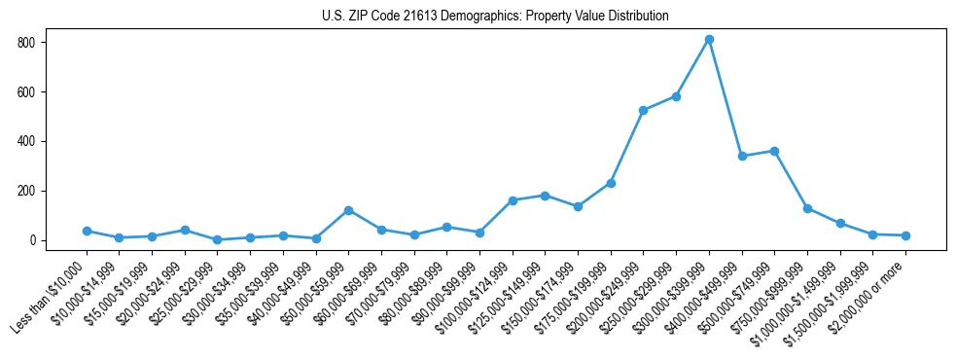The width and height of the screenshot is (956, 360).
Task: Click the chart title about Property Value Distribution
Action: click(x=495, y=16)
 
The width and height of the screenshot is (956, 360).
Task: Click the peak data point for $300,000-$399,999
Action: click(x=709, y=40)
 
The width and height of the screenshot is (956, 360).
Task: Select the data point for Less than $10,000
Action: click(x=87, y=231)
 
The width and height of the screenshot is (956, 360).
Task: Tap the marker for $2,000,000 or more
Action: click(x=905, y=235)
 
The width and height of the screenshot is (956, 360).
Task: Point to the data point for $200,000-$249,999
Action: click(x=643, y=110)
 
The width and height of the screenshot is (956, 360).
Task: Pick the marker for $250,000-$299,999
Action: click(x=676, y=96)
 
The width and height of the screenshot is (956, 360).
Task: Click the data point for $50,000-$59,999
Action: click(x=348, y=210)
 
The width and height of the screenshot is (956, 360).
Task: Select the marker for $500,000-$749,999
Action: click(x=774, y=151)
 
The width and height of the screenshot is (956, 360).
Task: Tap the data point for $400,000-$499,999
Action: click(x=742, y=156)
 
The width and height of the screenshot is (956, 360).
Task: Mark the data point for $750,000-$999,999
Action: click(x=807, y=208)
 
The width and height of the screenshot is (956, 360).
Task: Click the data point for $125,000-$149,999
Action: click(x=545, y=196)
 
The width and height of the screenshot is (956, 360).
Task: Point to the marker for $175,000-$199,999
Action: click(x=611, y=183)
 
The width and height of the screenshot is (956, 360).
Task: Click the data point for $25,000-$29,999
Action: click(x=217, y=239)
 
